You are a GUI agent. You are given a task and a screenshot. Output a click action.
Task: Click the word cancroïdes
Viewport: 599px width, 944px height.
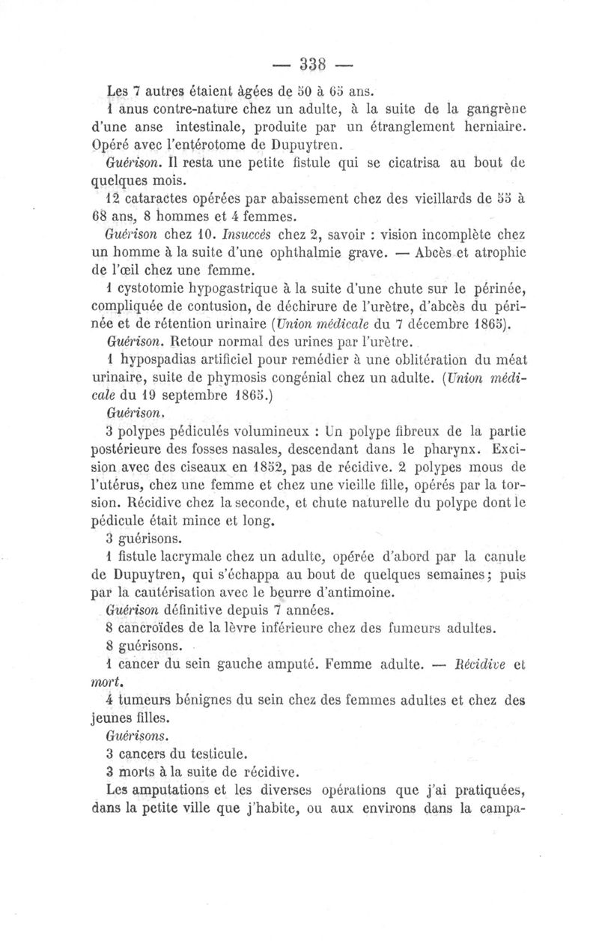159,628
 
